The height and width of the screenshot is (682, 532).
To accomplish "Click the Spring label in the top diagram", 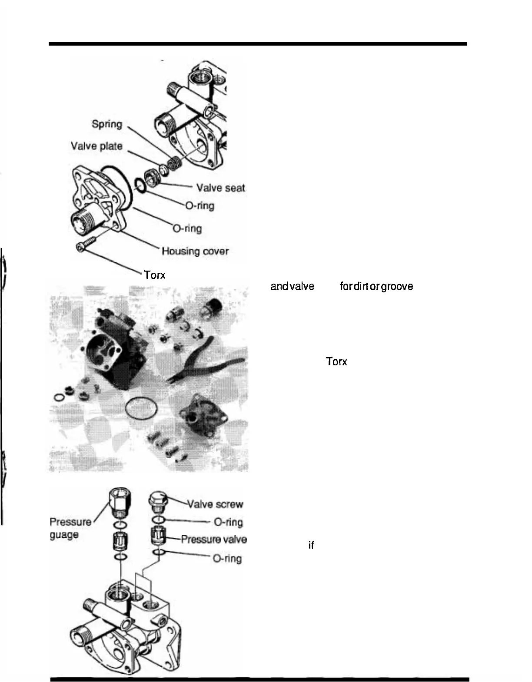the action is [107, 124].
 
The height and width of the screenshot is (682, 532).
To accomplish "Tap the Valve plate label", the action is [96, 146].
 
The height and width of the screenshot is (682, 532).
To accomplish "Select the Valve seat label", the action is [220, 188].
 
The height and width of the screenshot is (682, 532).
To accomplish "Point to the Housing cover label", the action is [195, 251].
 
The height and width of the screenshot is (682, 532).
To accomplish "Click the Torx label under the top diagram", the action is [155, 275].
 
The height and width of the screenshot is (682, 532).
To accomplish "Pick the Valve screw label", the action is [215, 504].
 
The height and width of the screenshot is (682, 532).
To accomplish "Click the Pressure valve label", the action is [213, 540].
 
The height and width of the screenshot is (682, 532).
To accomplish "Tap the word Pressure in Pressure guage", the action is [70, 522].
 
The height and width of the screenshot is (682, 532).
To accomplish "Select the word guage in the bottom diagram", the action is [64, 534].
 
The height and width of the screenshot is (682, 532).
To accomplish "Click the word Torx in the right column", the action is [336, 361].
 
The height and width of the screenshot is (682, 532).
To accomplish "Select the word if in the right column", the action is [311, 545].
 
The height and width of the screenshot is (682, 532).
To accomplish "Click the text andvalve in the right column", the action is [292, 286].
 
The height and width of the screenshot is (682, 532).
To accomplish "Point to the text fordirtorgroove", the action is [376, 286].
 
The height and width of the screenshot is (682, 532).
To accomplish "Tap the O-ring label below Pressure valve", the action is [227, 558].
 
